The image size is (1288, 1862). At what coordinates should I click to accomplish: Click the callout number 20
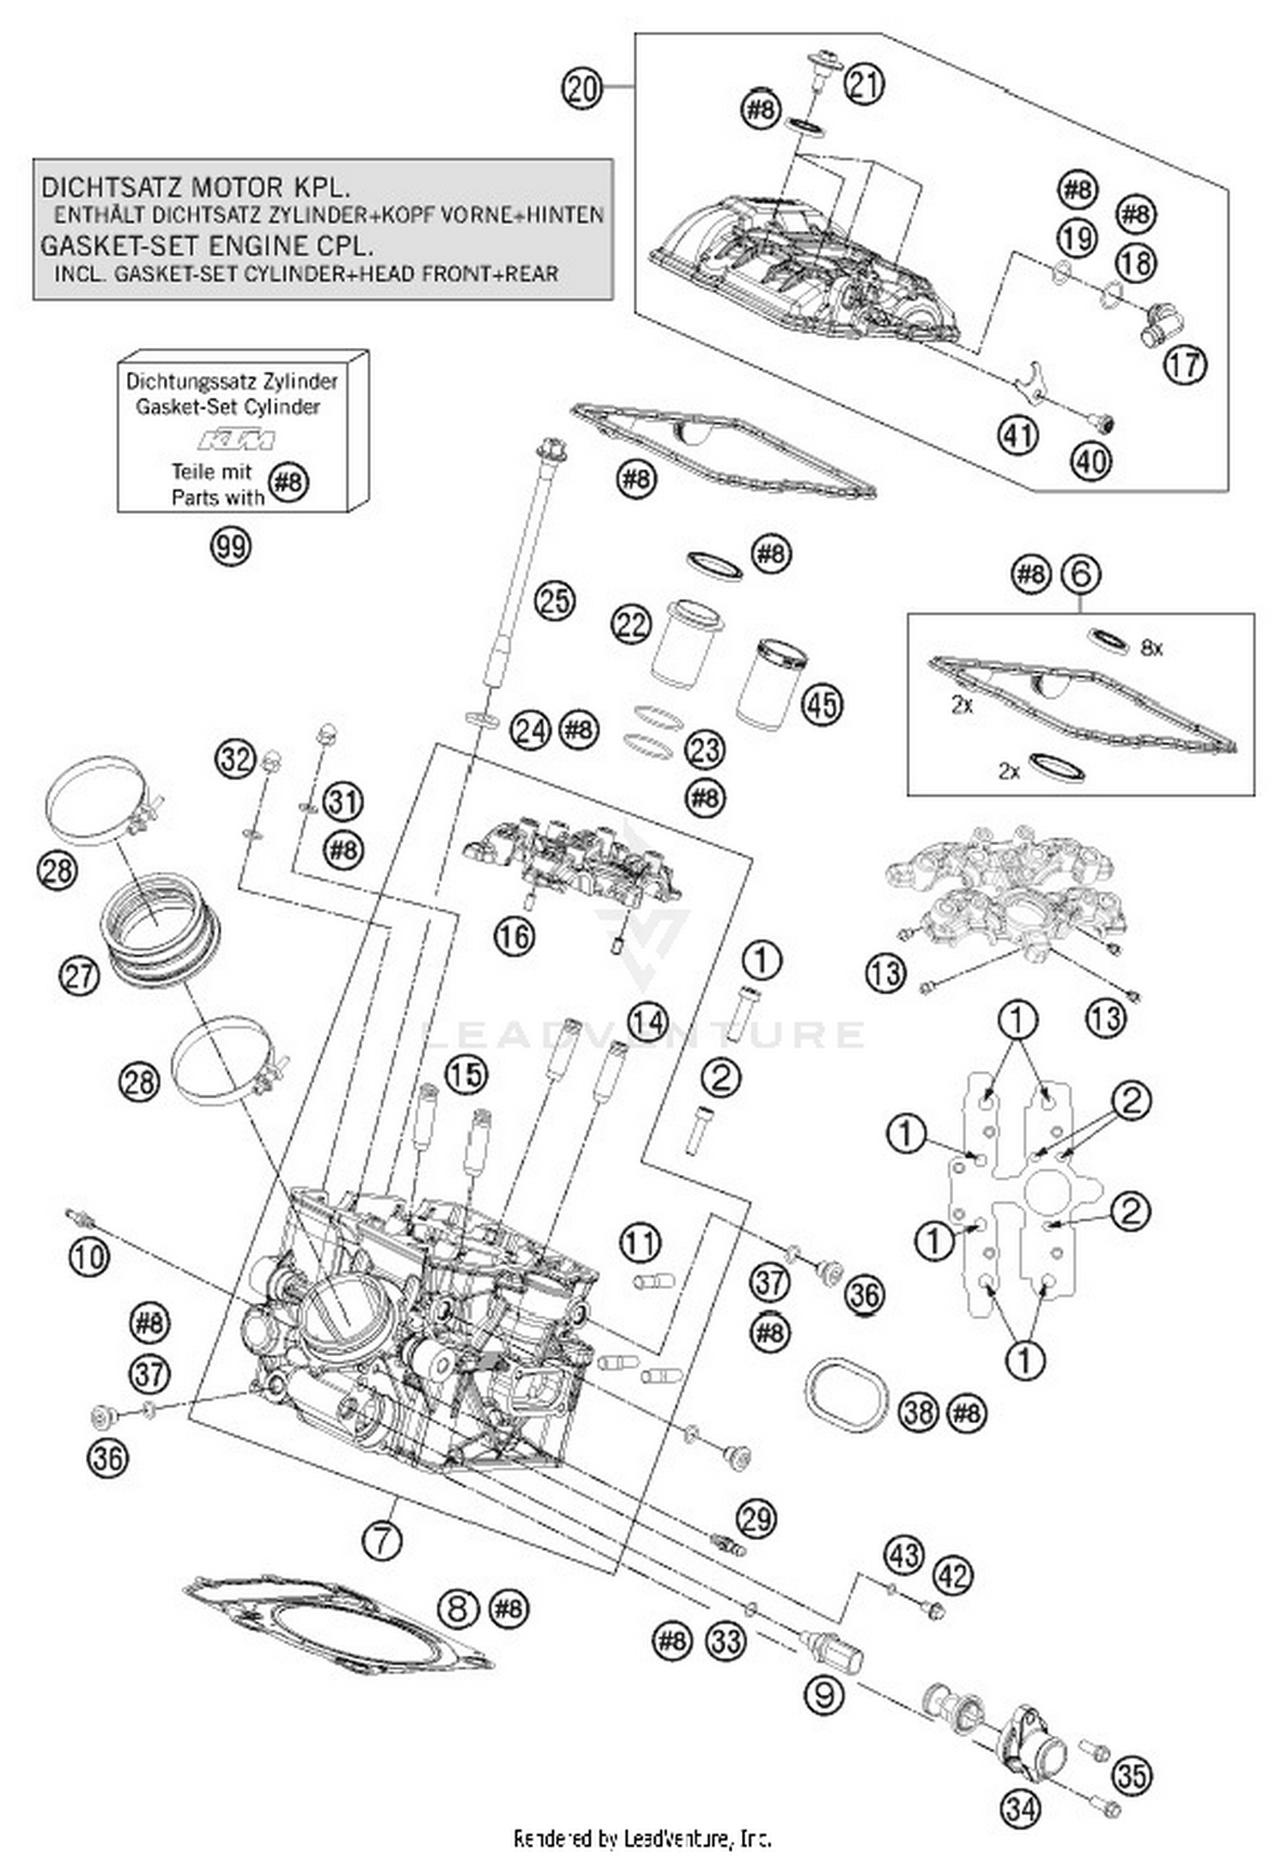[x=581, y=88]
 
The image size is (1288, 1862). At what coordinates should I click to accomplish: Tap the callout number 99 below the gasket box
[x=231, y=546]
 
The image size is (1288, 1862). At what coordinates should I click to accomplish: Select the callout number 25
[x=554, y=600]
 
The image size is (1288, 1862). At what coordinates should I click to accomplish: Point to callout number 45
[x=822, y=704]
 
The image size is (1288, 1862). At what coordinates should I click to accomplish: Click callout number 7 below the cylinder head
[x=382, y=1541]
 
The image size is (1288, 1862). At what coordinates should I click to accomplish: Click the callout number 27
[x=79, y=977]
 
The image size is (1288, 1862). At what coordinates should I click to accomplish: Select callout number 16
[x=514, y=935]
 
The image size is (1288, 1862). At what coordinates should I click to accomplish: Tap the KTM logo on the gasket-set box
[x=237, y=440]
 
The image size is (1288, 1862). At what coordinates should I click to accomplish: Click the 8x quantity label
[x=1151, y=648]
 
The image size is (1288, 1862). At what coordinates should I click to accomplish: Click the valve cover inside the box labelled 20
[x=799, y=266]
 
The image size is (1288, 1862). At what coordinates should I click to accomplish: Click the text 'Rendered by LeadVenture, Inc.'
[x=642, y=1838]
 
